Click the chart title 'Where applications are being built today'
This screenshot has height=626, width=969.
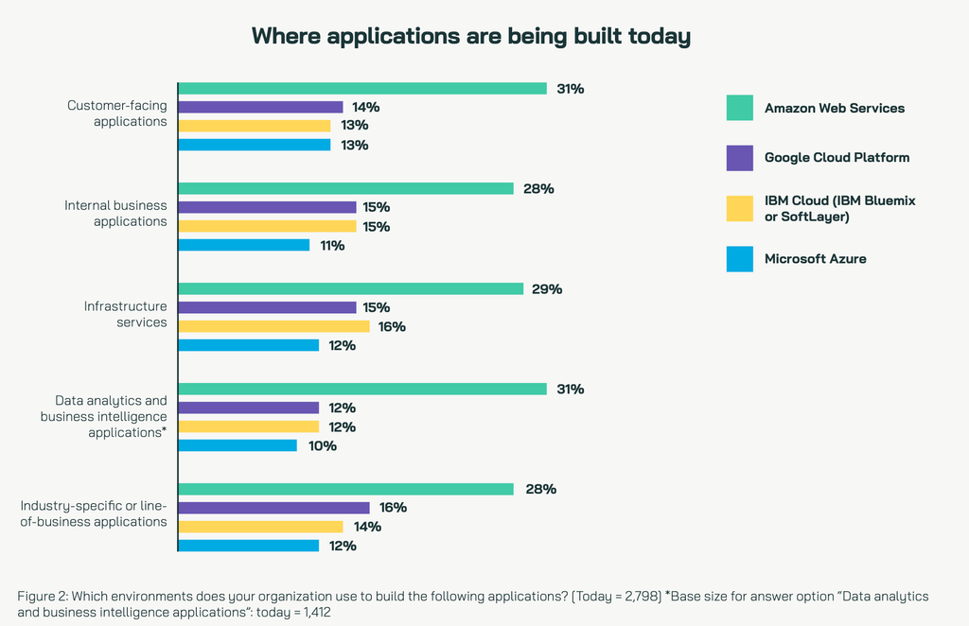point(470,37)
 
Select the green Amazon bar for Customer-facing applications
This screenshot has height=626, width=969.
point(362,88)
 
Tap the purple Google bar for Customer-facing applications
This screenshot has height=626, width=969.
point(261,107)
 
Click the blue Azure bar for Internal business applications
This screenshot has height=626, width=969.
point(244,245)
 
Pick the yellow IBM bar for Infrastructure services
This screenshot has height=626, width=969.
point(274,326)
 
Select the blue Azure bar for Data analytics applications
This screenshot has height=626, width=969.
point(238,445)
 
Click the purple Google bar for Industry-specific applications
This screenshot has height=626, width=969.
point(274,508)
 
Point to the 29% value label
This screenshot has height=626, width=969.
point(547,288)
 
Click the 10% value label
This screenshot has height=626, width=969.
point(322,445)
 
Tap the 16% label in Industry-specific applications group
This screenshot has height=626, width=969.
point(392,508)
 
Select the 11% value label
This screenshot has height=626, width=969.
point(332,245)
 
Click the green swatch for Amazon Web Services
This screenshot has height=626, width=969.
point(740,108)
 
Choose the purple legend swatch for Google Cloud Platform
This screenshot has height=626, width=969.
point(740,158)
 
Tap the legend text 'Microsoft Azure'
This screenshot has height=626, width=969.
point(815,258)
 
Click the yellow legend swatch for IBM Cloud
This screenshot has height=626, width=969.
point(740,208)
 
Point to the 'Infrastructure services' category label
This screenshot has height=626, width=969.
point(125,314)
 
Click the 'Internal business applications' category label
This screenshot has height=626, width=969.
point(115,213)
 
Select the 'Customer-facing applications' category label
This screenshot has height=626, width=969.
point(116,113)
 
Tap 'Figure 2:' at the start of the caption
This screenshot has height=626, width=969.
point(42,596)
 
